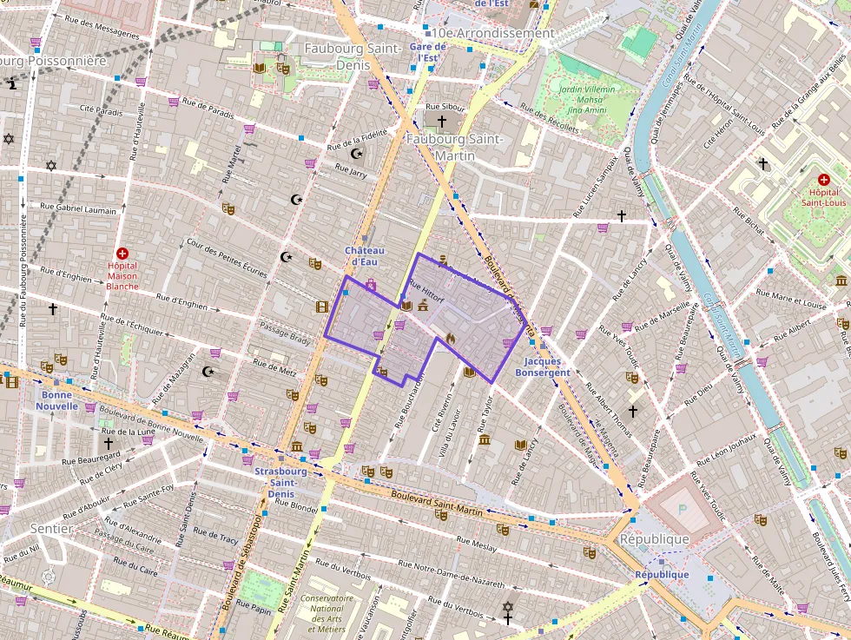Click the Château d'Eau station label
365,256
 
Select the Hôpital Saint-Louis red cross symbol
823,178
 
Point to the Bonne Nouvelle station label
56,399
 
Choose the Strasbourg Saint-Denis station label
280,482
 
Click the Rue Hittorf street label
425,292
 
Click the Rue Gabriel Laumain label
78,209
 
